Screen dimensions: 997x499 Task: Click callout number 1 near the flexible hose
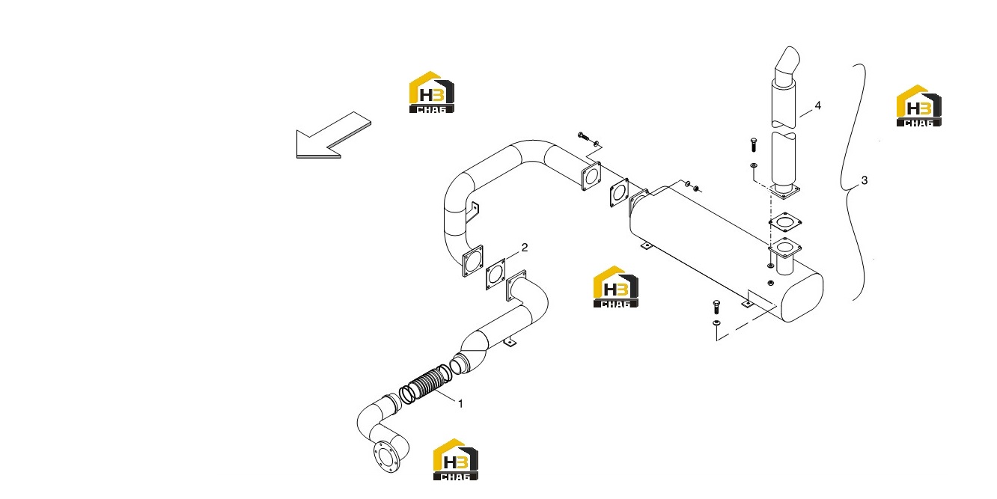coord(460,404)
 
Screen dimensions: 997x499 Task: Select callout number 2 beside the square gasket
coord(525,248)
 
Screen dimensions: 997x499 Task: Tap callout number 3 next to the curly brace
coord(865,180)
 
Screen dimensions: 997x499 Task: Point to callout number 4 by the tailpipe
coord(817,105)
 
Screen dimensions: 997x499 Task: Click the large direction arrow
coord(333,135)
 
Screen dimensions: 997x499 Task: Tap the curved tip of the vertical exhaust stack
coord(787,62)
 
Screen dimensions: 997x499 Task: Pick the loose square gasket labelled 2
coord(496,274)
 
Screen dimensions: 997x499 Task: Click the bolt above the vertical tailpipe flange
coord(753,144)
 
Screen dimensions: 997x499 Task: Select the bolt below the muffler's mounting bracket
coord(716,307)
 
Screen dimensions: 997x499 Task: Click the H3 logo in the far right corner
coord(918,105)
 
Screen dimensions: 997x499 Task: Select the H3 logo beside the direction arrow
coord(431,92)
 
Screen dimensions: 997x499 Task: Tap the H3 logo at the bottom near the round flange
coord(455,459)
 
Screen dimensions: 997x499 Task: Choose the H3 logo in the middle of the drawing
coord(615,287)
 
